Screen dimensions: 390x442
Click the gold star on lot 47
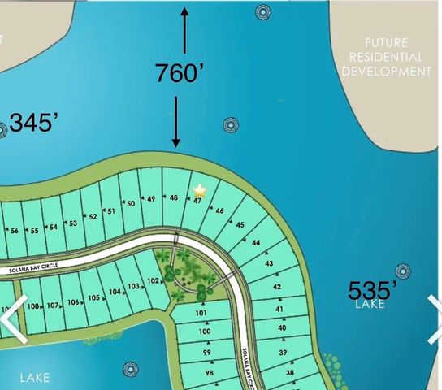[199, 190]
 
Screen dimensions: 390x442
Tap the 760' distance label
[179, 72]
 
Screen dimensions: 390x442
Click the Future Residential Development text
[386, 57]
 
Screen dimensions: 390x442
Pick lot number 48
[174, 197]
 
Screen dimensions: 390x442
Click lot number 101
[203, 314]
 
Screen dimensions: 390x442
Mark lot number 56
[14, 231]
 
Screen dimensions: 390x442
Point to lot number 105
[94, 297]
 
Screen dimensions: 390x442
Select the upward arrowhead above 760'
[186, 11]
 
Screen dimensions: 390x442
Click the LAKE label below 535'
[370, 305]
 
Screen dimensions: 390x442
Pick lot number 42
[276, 287]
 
